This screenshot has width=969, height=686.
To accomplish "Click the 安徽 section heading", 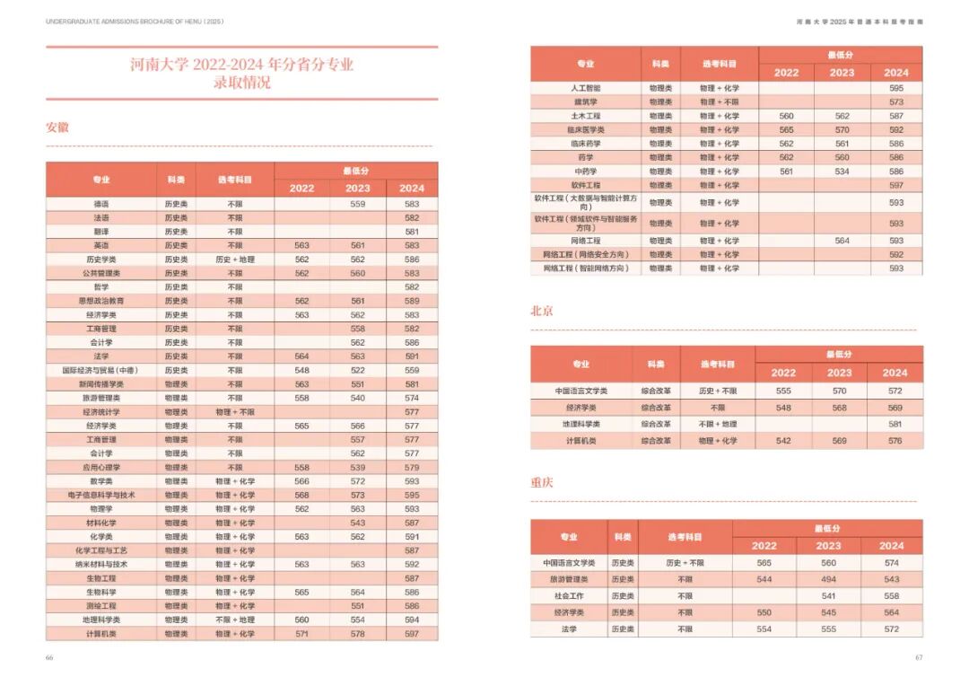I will pos(57,128).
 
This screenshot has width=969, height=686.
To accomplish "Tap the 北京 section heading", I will pos(542,311).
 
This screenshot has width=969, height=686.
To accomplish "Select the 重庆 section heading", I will pos(542,482).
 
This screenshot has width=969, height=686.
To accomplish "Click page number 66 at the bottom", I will pos(49,657).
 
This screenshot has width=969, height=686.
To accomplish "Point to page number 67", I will pos(919,657).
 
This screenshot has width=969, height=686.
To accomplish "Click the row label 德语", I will pos(101,204).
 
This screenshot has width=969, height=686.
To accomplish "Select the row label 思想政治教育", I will pos(101,301).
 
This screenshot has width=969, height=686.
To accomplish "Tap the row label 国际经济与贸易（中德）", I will pos(101,370).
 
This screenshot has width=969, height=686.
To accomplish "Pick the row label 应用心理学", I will pos(101,467).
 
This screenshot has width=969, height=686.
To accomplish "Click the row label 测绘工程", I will pos(101,606).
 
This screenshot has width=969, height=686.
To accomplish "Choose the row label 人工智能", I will pos(586,88).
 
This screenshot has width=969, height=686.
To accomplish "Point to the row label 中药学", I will pos(586,171).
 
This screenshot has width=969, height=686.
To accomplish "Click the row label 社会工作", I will pos(569,595).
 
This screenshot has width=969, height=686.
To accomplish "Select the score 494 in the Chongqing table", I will pos(828,579).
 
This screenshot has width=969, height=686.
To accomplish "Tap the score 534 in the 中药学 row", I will pos(842,171).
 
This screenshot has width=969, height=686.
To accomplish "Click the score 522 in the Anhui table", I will pos(358,370).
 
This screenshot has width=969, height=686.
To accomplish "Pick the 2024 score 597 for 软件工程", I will pos(896,185).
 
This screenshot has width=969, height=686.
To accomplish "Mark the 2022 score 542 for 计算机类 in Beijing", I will pos(783,441).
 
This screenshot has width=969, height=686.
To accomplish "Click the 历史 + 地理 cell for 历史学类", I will pos(235,259).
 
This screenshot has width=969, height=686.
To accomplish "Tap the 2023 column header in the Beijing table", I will pos(839,373).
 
